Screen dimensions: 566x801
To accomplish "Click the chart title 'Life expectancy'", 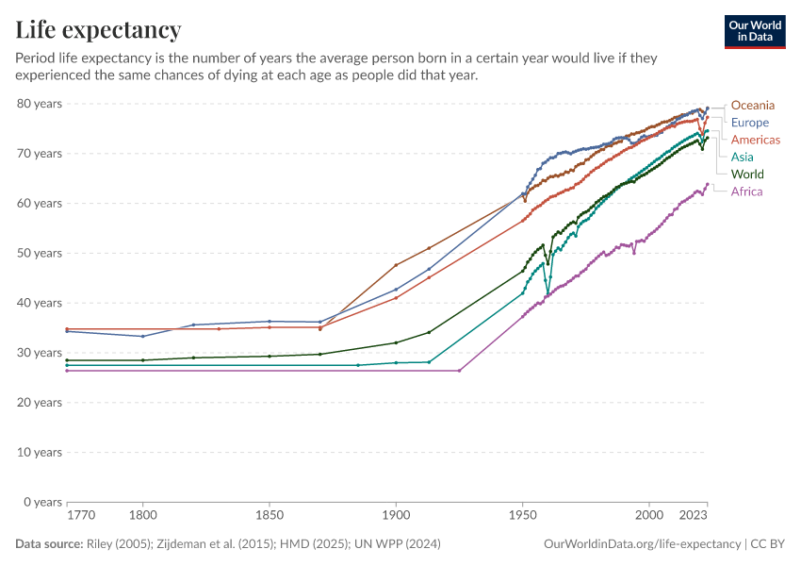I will pos(98,30).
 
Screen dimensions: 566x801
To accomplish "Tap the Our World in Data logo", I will pos(754,31).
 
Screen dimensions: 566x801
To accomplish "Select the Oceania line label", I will pos(752,105).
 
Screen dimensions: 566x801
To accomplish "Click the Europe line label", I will pos(749,123).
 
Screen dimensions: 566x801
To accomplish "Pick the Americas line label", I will pos(755,140).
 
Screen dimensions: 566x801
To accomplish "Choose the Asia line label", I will pos(742,157).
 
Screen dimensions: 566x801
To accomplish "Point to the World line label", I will pos(747,175).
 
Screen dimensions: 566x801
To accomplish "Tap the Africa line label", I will pos(746,191).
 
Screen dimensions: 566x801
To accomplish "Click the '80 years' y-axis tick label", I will pos(40,103).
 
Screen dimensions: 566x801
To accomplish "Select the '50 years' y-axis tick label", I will pos(40,253).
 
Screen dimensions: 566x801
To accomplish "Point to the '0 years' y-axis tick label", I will pos(42,502).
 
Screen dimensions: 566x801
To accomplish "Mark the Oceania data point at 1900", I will pos(396,265).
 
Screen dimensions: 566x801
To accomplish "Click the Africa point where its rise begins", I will pos(459,371).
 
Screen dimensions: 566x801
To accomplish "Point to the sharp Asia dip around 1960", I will pos(548,292).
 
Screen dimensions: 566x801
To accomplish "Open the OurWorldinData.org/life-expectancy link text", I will pos(643,544).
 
